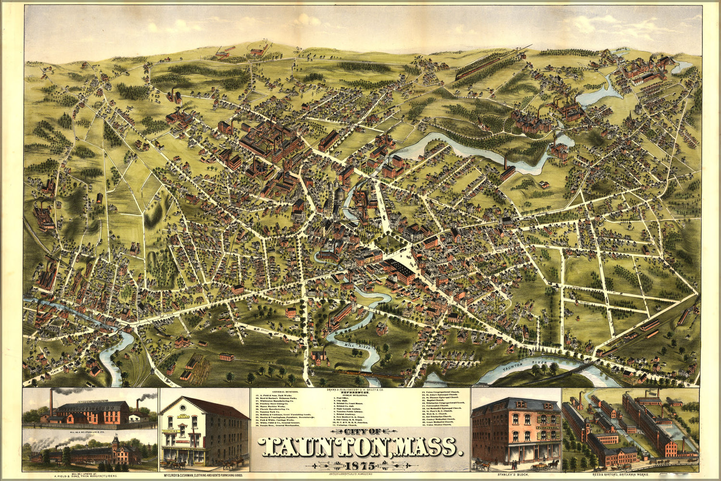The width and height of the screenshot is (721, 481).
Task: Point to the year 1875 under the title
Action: [360, 466]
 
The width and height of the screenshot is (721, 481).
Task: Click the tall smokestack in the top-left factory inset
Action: [51, 405]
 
